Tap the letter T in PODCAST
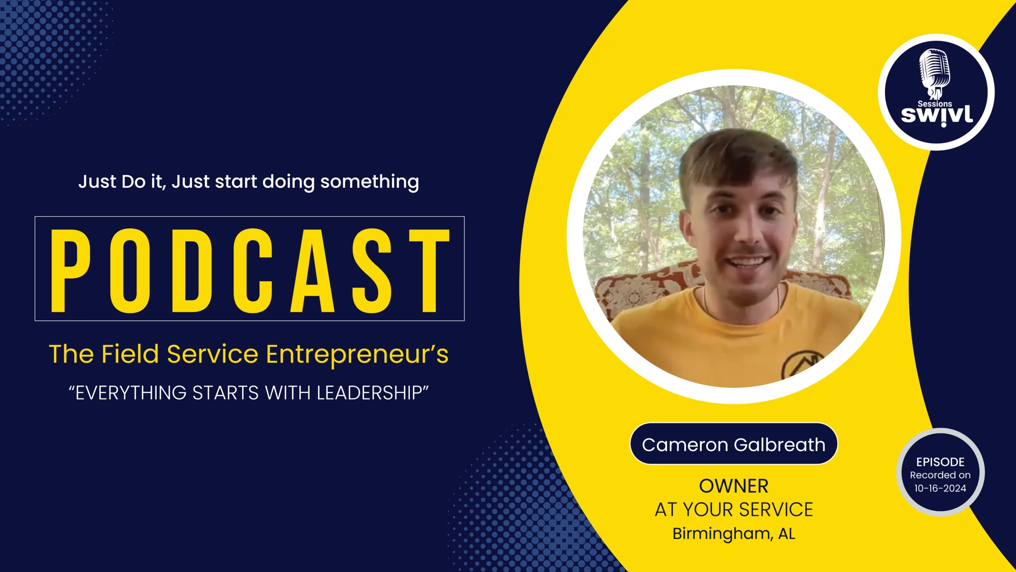pyautogui.click(x=429, y=271)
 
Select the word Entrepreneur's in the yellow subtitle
pyautogui.click(x=357, y=355)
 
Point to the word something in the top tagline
pyautogui.click(x=369, y=182)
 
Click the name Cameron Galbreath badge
pyautogui.click(x=733, y=444)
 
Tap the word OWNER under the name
pyautogui.click(x=733, y=486)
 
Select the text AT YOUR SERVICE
pyautogui.click(x=733, y=510)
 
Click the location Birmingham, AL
pyautogui.click(x=733, y=533)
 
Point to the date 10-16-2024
pyautogui.click(x=940, y=488)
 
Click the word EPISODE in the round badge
pyautogui.click(x=940, y=462)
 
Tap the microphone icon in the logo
pyautogui.click(x=935, y=74)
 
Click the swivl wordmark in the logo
pyautogui.click(x=937, y=116)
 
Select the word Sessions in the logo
pyautogui.click(x=935, y=104)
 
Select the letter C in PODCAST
pyautogui.click(x=253, y=271)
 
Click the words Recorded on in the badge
pyautogui.click(x=940, y=475)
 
